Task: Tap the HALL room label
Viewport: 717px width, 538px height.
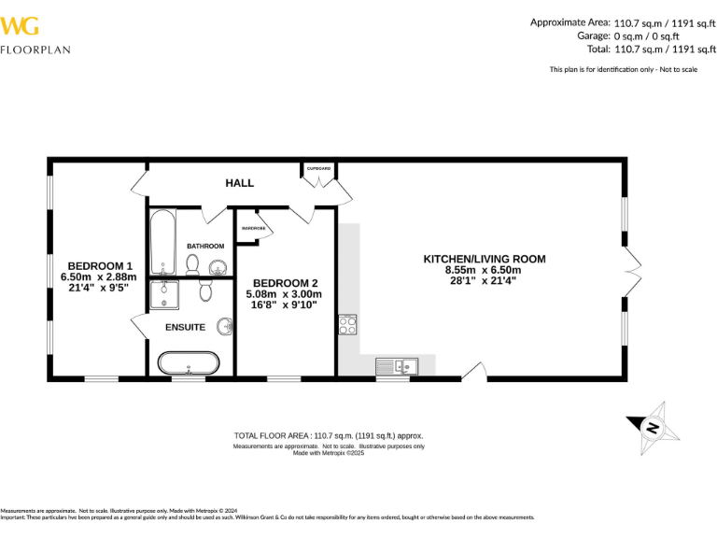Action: pyautogui.click(x=239, y=183)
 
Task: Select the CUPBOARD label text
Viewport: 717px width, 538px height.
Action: pyautogui.click(x=319, y=168)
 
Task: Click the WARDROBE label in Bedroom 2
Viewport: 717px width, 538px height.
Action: pyautogui.click(x=253, y=228)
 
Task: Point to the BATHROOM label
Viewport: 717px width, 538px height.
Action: pyautogui.click(x=204, y=246)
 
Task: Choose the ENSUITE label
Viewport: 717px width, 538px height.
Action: pyautogui.click(x=185, y=327)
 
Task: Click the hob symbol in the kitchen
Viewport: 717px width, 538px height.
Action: pyautogui.click(x=347, y=324)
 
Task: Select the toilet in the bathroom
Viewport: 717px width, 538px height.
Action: pyautogui.click(x=193, y=266)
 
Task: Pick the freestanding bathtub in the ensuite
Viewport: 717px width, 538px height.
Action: pyautogui.click(x=189, y=362)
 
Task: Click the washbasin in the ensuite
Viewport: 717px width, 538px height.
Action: pyautogui.click(x=224, y=327)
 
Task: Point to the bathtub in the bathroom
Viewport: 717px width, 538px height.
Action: pyautogui.click(x=162, y=241)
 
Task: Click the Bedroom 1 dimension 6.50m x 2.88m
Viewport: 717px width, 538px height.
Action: pyautogui.click(x=98, y=276)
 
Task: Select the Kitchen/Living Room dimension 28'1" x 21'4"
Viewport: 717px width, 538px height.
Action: pyautogui.click(x=484, y=280)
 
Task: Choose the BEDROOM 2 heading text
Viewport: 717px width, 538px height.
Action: pyautogui.click(x=286, y=283)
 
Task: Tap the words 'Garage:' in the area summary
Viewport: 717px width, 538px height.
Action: pyautogui.click(x=594, y=35)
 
